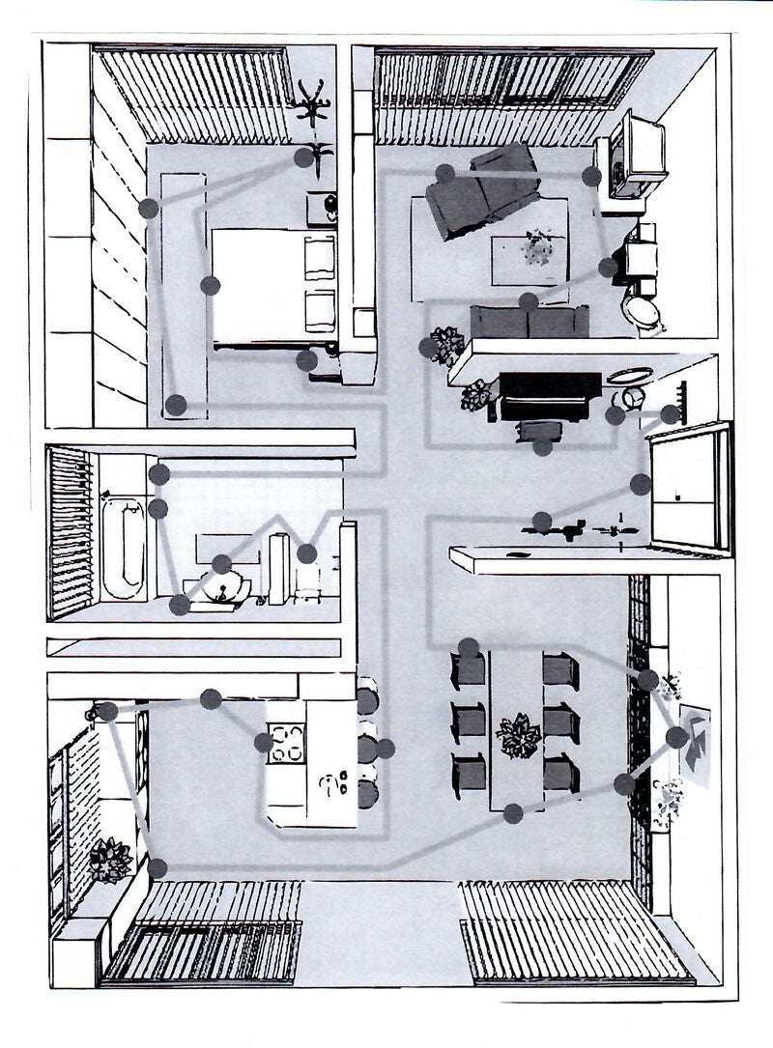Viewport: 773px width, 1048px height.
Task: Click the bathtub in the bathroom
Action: tap(122, 547)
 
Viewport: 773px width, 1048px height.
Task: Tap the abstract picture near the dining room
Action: tap(695, 740)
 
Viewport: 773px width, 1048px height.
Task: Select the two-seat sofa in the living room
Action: tap(529, 321)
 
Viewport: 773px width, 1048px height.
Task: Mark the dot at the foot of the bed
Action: tap(210, 285)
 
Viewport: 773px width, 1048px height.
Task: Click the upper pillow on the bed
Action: tap(320, 255)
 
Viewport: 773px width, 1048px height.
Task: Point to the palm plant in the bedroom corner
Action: tap(311, 104)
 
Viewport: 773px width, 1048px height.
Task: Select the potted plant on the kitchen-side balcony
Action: tap(109, 859)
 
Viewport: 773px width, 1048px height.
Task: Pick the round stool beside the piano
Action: tap(633, 397)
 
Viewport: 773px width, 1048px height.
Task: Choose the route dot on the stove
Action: tap(263, 743)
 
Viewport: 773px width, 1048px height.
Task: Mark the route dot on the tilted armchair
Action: tap(445, 174)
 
